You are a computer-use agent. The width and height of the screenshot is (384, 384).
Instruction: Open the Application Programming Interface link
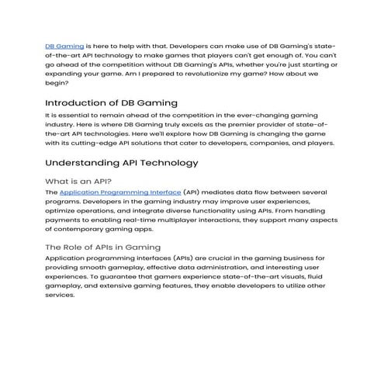point(119,192)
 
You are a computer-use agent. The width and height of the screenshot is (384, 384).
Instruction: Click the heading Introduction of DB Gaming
point(111,102)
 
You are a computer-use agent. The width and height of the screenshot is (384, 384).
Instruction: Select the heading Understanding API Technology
point(122,163)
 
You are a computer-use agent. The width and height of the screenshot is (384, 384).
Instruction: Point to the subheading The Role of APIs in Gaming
point(102,247)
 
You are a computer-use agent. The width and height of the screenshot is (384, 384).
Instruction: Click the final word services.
point(61,296)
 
